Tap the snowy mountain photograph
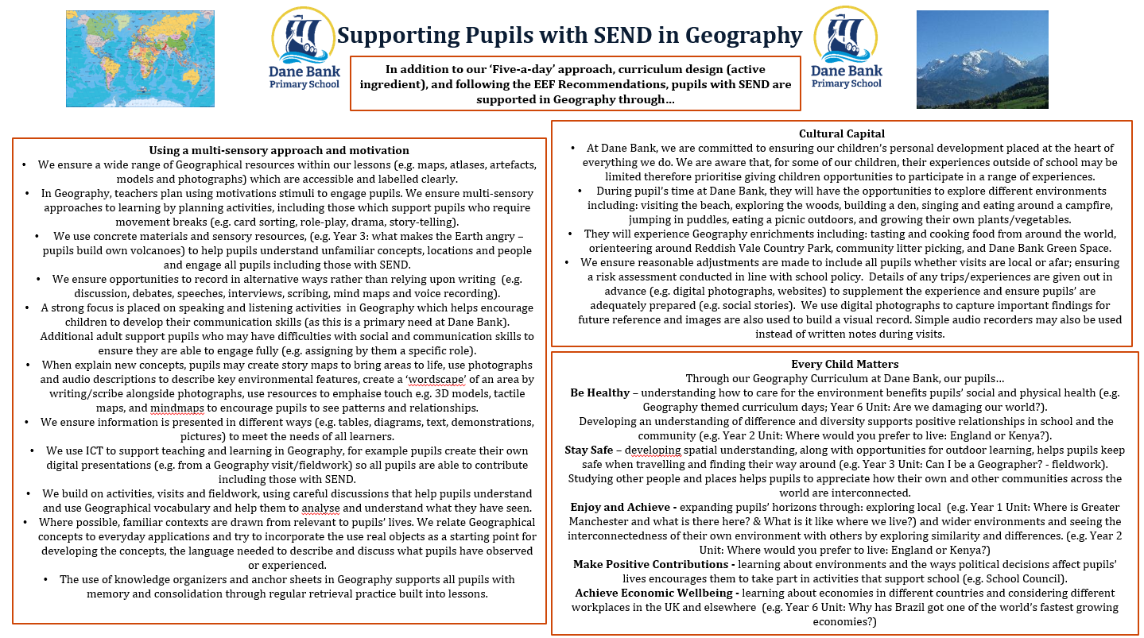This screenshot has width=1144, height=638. (x=971, y=59)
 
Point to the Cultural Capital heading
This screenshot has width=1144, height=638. (x=842, y=133)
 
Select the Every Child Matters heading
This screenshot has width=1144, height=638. (x=845, y=364)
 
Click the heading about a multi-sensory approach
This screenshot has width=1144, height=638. (x=279, y=150)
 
